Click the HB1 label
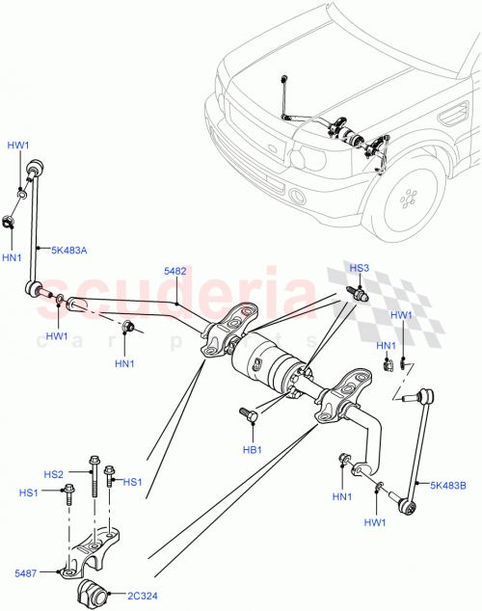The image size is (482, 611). pos(253,449)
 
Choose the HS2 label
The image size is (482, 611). pos(54,474)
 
